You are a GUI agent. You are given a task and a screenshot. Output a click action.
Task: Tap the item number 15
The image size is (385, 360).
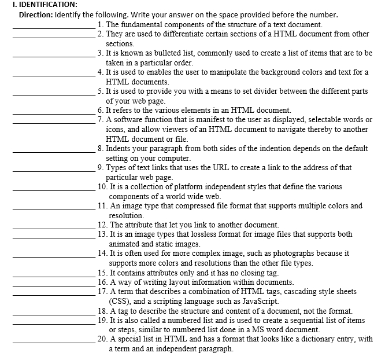coord(103,272)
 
